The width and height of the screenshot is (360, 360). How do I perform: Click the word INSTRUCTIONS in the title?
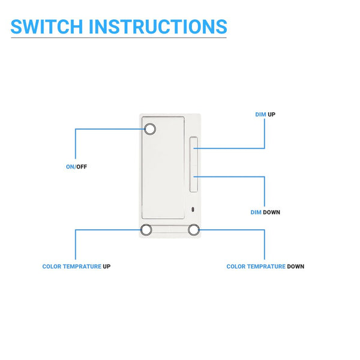(158, 26)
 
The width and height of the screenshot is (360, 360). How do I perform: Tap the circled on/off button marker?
(150, 128)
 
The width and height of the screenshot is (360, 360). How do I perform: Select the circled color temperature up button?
(146, 230)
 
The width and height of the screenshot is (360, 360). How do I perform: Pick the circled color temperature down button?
(193, 230)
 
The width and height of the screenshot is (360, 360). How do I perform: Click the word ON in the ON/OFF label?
(70, 167)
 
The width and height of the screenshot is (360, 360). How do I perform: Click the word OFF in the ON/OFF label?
(82, 167)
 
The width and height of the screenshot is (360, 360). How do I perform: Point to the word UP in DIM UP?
(271, 114)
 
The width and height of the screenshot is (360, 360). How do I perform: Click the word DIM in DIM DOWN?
(256, 212)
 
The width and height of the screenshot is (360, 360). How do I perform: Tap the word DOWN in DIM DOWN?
(271, 212)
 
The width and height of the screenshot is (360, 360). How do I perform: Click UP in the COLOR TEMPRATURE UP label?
(106, 266)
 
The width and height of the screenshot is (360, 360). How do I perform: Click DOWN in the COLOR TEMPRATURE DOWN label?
(295, 266)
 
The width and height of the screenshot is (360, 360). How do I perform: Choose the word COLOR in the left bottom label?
(52, 266)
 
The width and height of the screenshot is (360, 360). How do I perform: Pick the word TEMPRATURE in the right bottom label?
(265, 266)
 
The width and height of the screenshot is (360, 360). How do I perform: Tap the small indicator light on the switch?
(193, 209)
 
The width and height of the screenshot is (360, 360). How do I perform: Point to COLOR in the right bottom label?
(235, 266)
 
